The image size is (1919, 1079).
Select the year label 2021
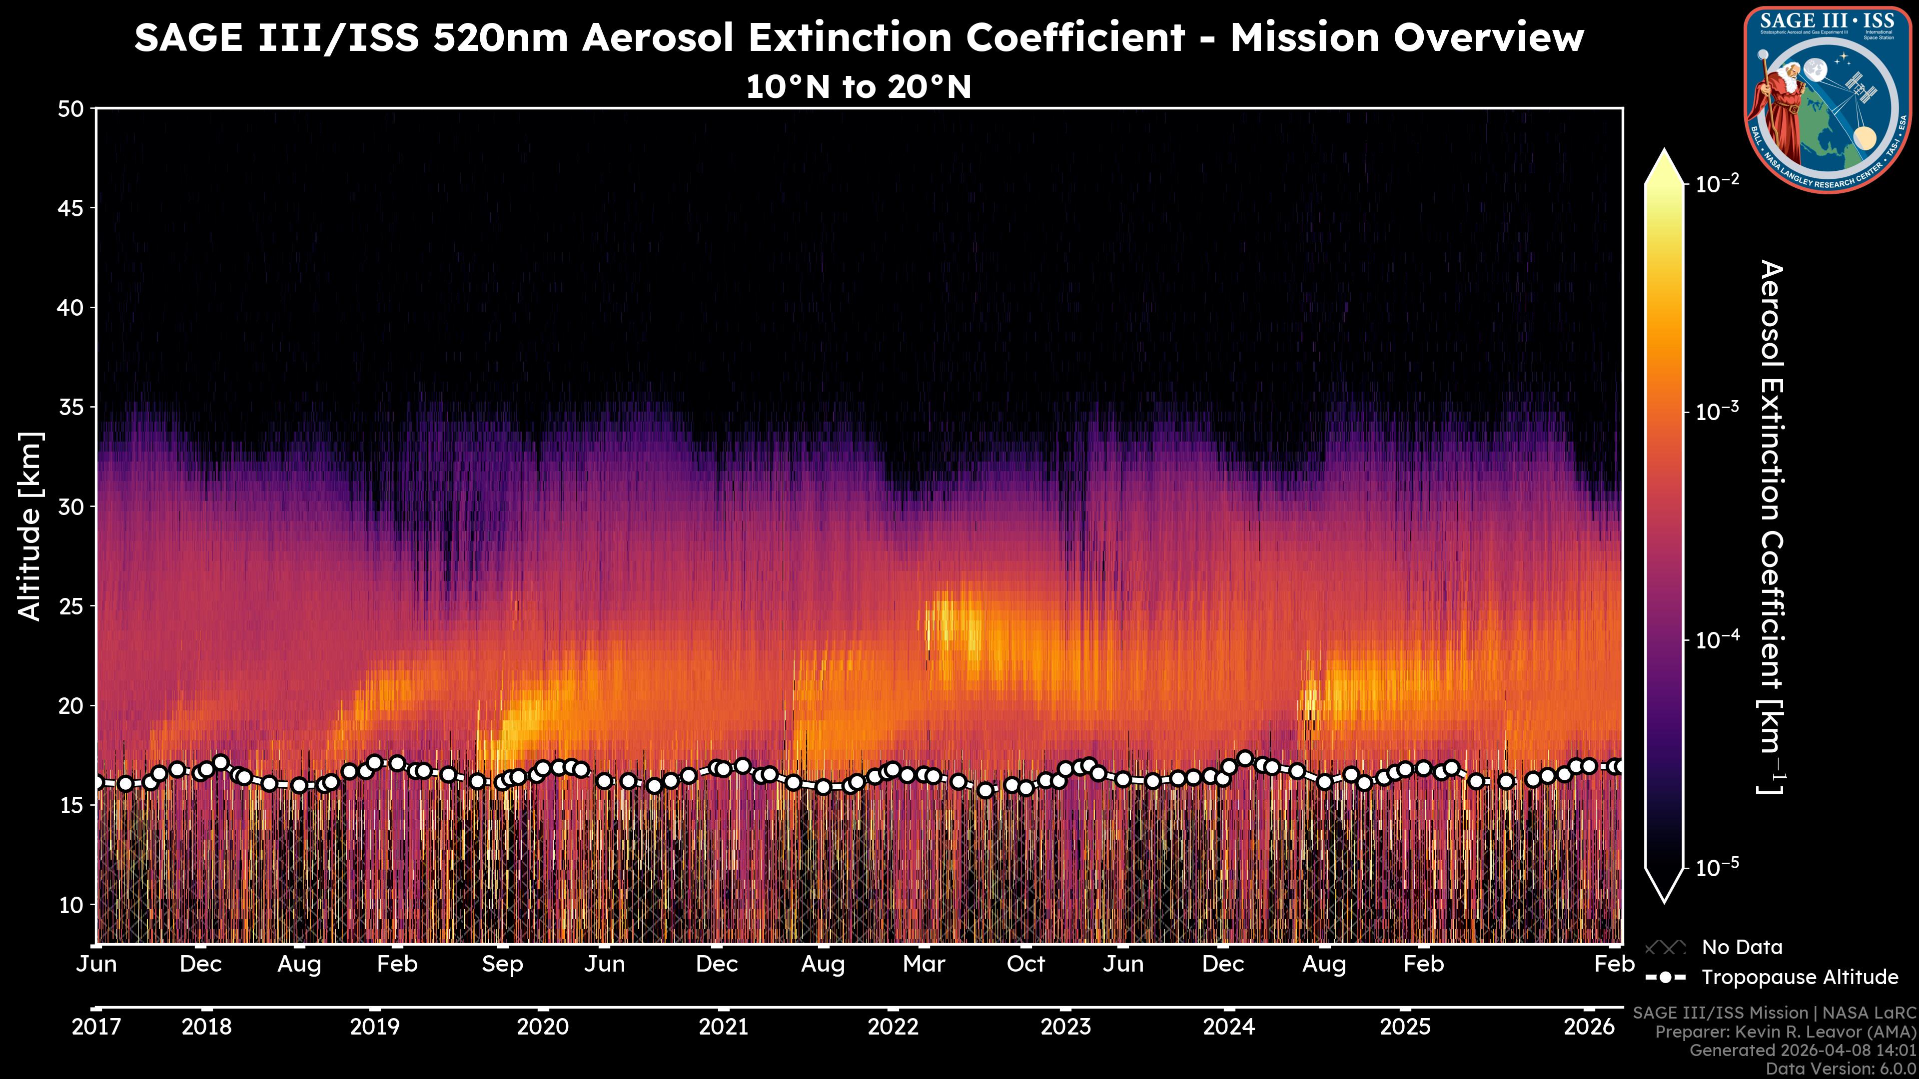coord(723,1027)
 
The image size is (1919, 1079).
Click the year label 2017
coord(96,1027)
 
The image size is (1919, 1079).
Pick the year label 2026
coord(1588,1027)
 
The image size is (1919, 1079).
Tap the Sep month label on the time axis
coord(502,964)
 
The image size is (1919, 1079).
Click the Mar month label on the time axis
coord(924,964)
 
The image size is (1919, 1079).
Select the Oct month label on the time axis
coord(1026,964)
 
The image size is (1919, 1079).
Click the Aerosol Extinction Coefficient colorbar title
coord(1772,527)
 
